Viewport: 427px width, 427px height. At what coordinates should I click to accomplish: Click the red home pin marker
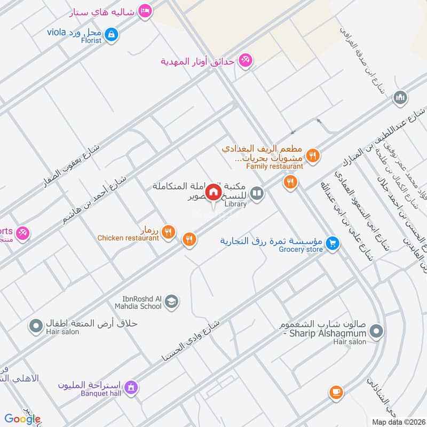point(213,192)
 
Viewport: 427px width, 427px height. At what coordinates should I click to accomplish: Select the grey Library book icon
point(257,193)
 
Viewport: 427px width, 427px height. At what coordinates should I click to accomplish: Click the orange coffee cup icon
point(336,392)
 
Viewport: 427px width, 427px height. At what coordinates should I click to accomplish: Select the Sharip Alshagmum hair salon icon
point(376,331)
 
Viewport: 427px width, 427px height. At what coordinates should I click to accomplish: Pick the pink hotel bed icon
point(144,11)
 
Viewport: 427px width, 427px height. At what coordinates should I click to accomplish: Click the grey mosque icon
point(399,98)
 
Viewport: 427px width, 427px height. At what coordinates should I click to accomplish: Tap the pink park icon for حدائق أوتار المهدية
point(245,60)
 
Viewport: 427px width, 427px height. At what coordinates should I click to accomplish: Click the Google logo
point(22,419)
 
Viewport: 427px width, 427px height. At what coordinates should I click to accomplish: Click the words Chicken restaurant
point(128,238)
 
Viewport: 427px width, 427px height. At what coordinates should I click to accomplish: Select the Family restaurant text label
point(275,166)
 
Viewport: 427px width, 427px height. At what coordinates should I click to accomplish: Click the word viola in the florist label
point(56,32)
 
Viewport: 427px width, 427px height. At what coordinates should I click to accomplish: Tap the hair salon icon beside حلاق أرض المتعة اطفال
point(36,325)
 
